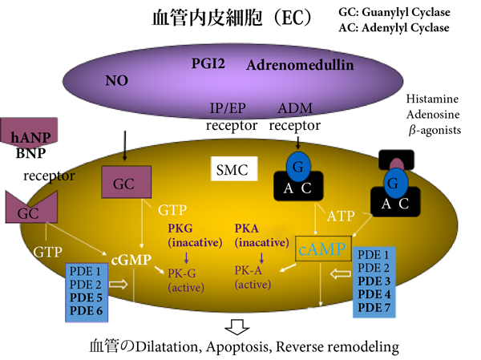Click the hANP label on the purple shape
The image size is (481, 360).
coord(29,138)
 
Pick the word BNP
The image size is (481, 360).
coord(30,154)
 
